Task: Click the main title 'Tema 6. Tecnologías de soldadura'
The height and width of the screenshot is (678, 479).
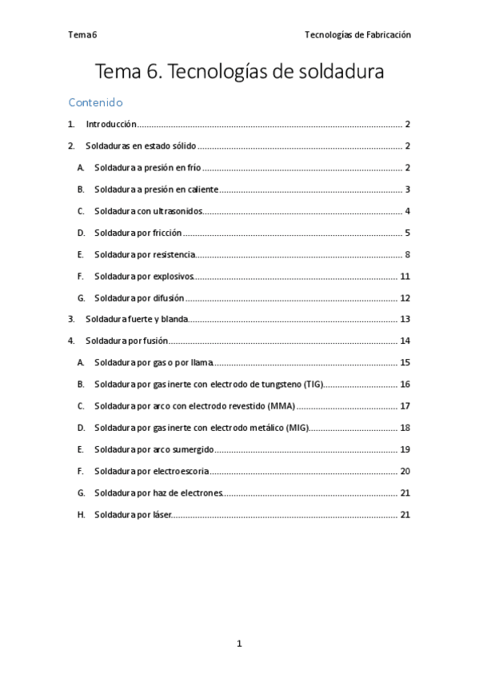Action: point(239,71)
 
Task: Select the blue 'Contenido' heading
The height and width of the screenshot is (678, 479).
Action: point(95,102)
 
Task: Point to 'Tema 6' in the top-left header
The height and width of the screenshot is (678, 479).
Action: point(82,34)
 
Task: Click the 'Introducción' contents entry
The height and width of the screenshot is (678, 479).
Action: point(111,125)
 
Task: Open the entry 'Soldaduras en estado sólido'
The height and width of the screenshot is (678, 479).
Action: point(141,146)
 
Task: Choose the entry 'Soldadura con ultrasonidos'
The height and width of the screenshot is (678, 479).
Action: point(148,211)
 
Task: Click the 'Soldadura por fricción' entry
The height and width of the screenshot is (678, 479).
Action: point(138,233)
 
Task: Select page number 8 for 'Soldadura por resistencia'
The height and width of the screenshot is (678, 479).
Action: point(407,254)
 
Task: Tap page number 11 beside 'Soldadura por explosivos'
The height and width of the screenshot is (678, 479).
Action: point(405,276)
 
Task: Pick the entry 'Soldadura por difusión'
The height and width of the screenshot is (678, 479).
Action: point(139,297)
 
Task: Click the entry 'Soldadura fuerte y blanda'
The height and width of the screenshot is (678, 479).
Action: point(137,319)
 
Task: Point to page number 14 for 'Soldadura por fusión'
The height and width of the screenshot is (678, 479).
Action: point(405,341)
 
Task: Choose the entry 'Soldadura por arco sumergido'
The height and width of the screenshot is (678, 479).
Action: point(154,449)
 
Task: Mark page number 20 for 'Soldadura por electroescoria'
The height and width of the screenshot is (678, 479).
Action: point(405,471)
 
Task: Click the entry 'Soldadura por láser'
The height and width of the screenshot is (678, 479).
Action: point(133,514)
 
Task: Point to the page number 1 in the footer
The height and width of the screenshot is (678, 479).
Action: point(239,643)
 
